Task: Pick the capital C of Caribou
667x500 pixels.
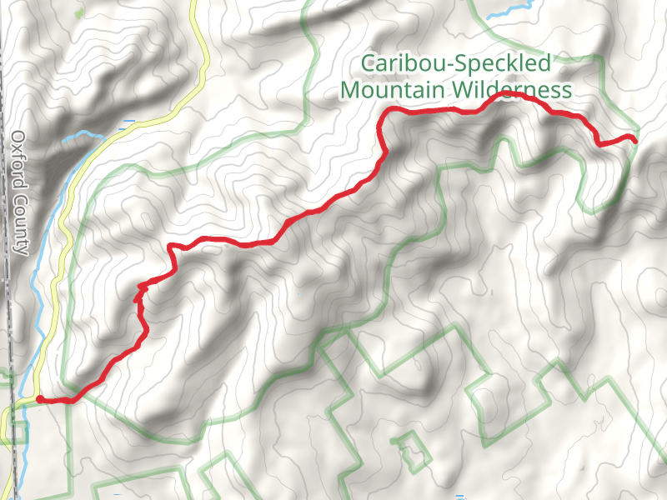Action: (367, 63)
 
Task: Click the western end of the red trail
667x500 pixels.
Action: (40, 399)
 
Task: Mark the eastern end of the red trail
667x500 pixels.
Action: (635, 139)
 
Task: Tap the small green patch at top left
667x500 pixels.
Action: (78, 14)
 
